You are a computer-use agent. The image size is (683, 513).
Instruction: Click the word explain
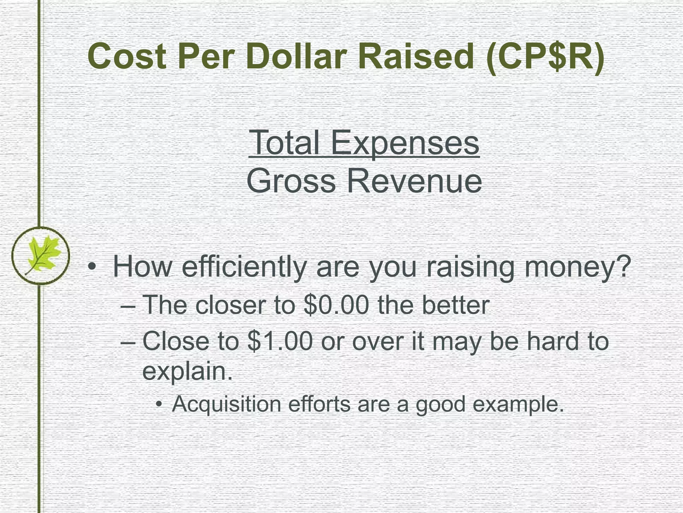187,371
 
